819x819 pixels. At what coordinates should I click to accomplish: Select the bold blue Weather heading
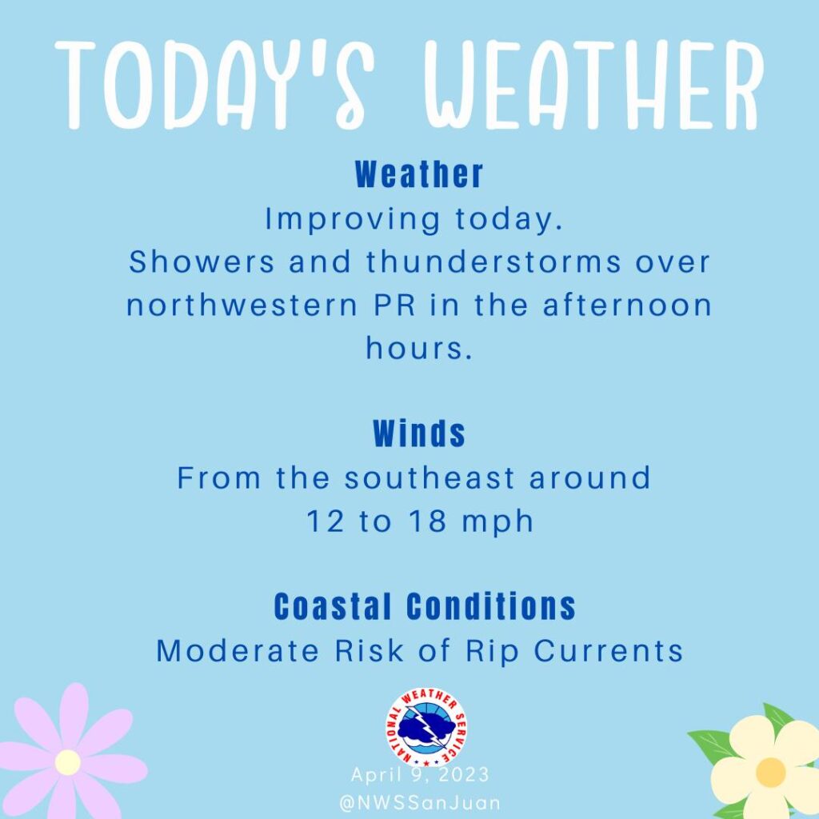[419, 174]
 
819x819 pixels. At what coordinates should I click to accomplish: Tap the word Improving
[353, 220]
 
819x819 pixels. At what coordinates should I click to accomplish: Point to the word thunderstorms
[493, 262]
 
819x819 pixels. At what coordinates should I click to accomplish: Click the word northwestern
[242, 305]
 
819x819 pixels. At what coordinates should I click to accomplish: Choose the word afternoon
[627, 305]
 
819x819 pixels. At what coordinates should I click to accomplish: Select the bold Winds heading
[419, 433]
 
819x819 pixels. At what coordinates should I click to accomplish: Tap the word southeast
[429, 478]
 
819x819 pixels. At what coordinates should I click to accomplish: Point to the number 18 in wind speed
[428, 521]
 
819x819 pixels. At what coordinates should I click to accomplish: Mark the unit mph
[497, 522]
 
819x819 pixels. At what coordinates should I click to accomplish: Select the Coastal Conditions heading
[425, 606]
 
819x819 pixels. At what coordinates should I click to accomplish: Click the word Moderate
[238, 651]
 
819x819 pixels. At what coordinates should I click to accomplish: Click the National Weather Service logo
[426, 727]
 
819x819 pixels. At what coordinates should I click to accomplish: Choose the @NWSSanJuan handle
[420, 803]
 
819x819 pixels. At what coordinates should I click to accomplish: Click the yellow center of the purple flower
[68, 762]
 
